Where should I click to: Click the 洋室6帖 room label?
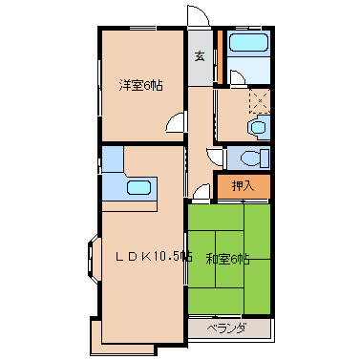click(139, 84)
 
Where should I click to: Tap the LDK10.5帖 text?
click(152, 256)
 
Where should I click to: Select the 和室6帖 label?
click(229, 257)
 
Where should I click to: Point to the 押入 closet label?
click(244, 186)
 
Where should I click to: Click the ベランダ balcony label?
click(228, 328)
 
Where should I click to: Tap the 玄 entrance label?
click(200, 55)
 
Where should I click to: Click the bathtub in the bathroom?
click(248, 44)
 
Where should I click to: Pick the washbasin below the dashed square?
click(257, 126)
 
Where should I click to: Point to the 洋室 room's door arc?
click(176, 123)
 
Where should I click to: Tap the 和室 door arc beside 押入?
click(201, 194)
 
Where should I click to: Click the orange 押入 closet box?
click(244, 187)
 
